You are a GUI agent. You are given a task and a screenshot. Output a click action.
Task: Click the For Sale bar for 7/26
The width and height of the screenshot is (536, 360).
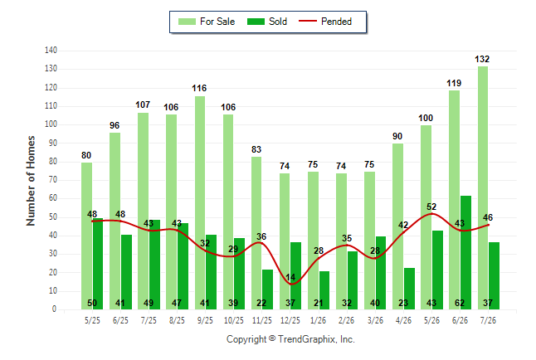[x=483, y=188]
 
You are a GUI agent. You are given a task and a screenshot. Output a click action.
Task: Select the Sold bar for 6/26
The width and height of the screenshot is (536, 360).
[x=465, y=253]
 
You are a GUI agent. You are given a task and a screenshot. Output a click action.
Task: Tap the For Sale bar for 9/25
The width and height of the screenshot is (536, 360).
[x=200, y=203]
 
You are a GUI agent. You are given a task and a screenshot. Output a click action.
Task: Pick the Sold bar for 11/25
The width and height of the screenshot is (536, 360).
[x=267, y=289]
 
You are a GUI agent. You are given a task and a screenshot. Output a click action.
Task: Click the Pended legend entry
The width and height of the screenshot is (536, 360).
[x=325, y=22]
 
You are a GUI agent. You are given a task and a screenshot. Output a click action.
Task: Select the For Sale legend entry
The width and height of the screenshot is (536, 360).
[x=207, y=22]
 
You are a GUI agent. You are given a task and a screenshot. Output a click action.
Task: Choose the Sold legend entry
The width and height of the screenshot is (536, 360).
[x=267, y=22]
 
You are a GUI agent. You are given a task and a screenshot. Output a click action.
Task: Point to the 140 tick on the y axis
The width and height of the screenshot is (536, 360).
[x=51, y=51]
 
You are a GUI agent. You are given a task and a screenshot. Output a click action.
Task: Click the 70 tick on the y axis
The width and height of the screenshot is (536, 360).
[x=52, y=179]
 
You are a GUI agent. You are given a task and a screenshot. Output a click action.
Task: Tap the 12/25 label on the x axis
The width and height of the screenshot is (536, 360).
[x=290, y=320]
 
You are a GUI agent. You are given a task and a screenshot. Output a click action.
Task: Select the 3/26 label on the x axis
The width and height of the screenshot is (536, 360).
[x=375, y=320]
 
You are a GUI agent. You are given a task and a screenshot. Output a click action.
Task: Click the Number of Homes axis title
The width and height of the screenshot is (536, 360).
[x=31, y=181]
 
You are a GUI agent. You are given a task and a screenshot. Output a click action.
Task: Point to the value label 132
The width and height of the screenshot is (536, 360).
[x=482, y=59]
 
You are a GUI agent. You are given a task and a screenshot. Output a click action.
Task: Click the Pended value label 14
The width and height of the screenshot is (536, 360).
[x=290, y=277]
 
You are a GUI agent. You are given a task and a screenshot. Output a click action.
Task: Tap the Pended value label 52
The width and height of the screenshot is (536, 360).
[x=431, y=207]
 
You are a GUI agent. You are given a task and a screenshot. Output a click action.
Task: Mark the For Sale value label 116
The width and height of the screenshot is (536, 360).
[x=199, y=88]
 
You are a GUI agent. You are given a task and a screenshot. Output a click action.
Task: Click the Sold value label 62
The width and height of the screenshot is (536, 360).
[x=460, y=303]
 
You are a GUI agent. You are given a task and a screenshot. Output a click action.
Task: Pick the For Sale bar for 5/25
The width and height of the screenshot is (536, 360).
[x=86, y=236]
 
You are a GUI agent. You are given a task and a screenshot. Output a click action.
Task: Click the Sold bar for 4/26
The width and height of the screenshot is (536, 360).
[x=409, y=289]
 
